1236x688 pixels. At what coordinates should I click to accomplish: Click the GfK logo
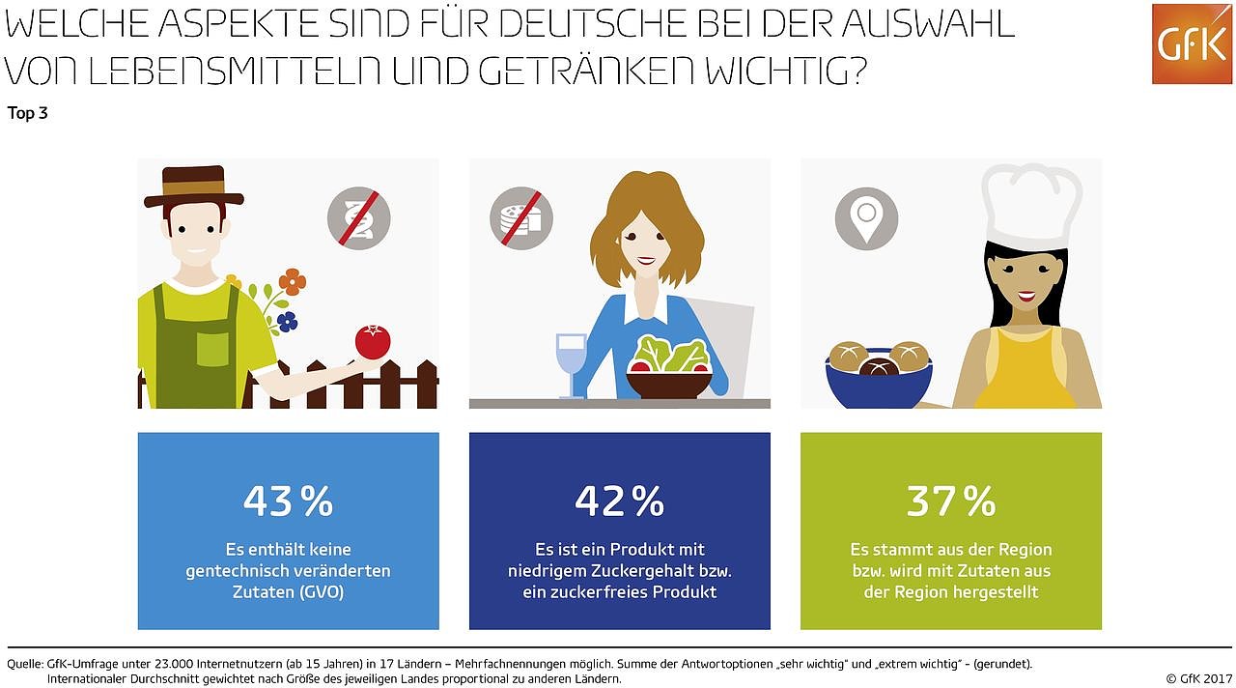tap(1191, 43)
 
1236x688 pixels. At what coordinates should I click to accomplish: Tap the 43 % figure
tap(288, 501)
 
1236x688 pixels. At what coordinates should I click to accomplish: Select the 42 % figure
tap(619, 501)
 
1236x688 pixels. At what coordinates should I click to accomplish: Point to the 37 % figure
tap(950, 501)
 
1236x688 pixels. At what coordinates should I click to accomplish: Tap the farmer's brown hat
tap(194, 187)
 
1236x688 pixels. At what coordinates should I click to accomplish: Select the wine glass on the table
tap(571, 362)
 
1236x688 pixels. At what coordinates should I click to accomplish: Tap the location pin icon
tap(867, 218)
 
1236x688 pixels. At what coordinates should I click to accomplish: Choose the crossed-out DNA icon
tap(358, 218)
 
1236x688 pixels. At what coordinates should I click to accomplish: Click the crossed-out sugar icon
tap(521, 219)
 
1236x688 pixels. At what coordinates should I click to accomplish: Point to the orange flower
tap(293, 282)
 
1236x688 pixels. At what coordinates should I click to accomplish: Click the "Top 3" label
tap(28, 114)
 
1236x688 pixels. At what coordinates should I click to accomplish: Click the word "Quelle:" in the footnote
tap(25, 664)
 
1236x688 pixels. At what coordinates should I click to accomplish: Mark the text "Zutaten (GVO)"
tap(288, 591)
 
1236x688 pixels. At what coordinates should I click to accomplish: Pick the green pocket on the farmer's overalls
tap(211, 349)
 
